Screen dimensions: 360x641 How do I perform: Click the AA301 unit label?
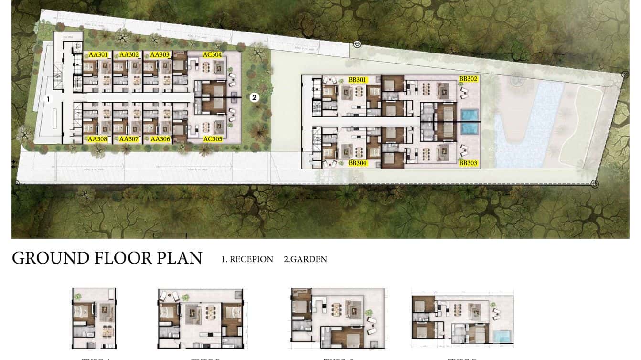[98, 55]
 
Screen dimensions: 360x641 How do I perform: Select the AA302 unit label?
[129, 55]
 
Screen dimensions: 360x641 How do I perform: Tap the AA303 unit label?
[160, 55]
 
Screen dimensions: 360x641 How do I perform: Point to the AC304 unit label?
[213, 55]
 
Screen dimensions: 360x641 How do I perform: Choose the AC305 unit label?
[213, 139]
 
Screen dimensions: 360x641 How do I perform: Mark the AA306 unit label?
[160, 139]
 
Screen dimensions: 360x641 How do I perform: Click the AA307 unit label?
[129, 139]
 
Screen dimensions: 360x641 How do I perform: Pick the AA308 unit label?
[97, 139]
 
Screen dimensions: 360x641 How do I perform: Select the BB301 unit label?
[357, 80]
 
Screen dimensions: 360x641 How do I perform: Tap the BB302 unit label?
[468, 79]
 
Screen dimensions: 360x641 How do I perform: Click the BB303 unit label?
[468, 163]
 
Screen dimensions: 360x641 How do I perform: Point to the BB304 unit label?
[357, 163]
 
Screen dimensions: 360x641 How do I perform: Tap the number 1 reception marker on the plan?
[47, 99]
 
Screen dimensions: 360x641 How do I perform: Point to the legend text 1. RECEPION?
[247, 259]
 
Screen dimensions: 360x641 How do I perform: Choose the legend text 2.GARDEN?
[305, 259]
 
